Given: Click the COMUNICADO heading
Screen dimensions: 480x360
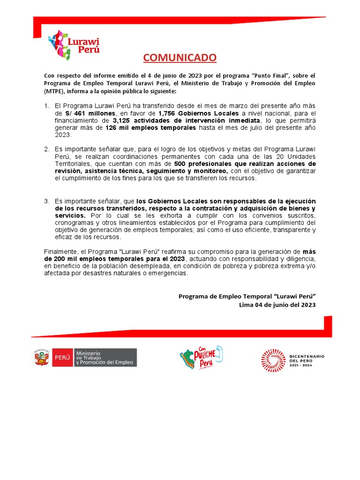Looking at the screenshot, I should [180, 58].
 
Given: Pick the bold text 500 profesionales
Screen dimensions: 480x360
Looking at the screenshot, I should [202, 164].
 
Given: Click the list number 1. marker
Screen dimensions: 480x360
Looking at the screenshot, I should [47, 106].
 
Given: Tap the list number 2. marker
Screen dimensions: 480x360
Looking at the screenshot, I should [47, 150].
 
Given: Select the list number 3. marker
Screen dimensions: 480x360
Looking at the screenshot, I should [47, 201].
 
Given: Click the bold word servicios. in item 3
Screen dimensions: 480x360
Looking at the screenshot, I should [70, 215].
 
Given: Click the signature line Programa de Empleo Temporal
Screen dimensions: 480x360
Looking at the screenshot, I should [247, 296].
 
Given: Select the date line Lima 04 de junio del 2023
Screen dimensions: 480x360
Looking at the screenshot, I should [277, 305].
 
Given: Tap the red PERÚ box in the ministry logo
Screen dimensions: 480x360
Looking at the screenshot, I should [62, 358].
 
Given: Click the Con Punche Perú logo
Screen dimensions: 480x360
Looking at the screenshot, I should [201, 358].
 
